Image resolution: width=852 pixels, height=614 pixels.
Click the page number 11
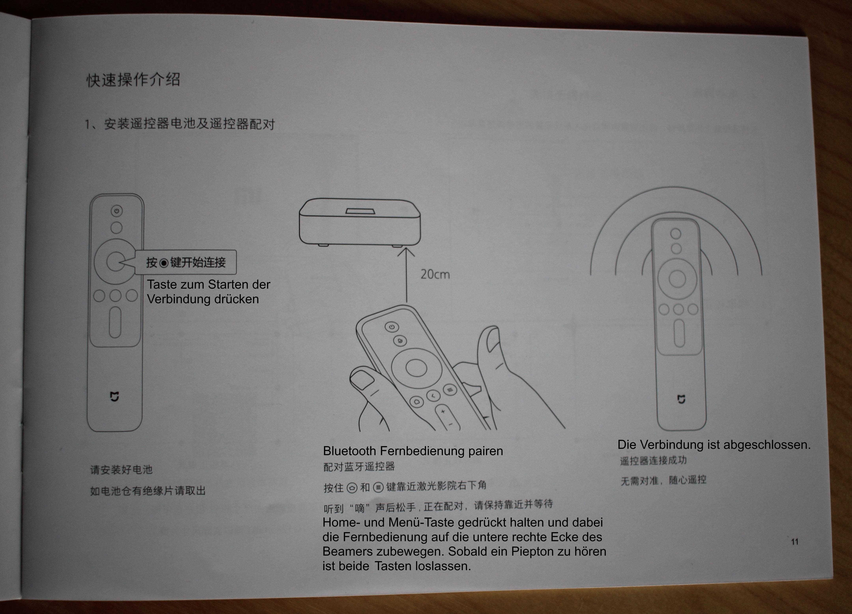pyautogui.click(x=795, y=541)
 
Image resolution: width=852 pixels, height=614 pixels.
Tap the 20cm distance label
pyautogui.click(x=435, y=274)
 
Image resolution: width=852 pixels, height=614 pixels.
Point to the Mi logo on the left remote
pyautogui.click(x=115, y=396)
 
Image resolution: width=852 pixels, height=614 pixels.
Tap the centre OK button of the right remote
pyautogui.click(x=677, y=279)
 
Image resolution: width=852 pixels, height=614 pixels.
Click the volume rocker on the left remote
pyautogui.click(x=115, y=322)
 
